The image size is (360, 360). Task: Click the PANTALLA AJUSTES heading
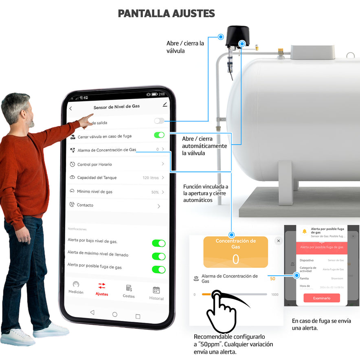tap(166, 13)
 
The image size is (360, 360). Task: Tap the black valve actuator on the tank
tap(237, 36)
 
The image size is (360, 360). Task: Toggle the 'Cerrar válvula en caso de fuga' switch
tap(159, 135)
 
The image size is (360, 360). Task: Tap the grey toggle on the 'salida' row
tap(159, 121)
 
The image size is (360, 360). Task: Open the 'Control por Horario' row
tap(116, 164)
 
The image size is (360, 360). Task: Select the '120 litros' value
tap(151, 178)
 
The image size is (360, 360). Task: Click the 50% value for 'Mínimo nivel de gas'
tap(155, 192)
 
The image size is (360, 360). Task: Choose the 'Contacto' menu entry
tap(116, 205)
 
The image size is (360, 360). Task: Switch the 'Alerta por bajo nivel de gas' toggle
tap(158, 243)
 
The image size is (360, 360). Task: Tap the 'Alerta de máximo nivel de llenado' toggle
tap(158, 256)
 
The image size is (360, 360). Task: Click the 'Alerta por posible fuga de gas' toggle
tap(158, 269)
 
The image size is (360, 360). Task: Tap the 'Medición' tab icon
tap(76, 285)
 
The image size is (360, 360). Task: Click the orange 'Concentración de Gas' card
tap(236, 252)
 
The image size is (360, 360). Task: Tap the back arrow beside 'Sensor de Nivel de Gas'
tap(70, 108)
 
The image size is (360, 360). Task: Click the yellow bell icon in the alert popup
tap(304, 231)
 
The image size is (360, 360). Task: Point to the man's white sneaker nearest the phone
tap(51, 329)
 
